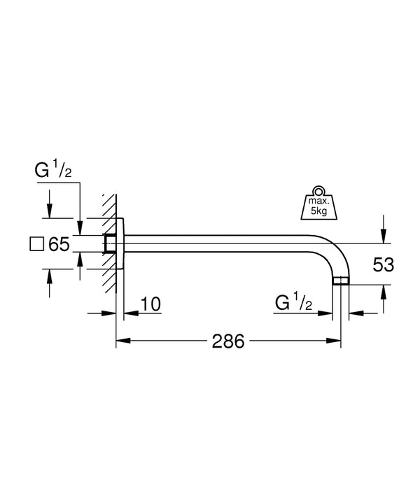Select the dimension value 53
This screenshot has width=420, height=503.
click(x=384, y=264)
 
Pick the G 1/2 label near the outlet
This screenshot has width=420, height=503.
click(x=295, y=303)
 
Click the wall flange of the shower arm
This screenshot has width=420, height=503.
click(x=120, y=243)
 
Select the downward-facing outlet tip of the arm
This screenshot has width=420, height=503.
click(x=340, y=282)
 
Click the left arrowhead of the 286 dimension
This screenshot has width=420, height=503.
click(x=120, y=341)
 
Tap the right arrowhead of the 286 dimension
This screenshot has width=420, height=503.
click(x=335, y=341)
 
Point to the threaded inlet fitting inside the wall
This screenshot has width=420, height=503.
click(x=109, y=243)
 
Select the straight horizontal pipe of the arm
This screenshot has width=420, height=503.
click(x=224, y=243)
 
